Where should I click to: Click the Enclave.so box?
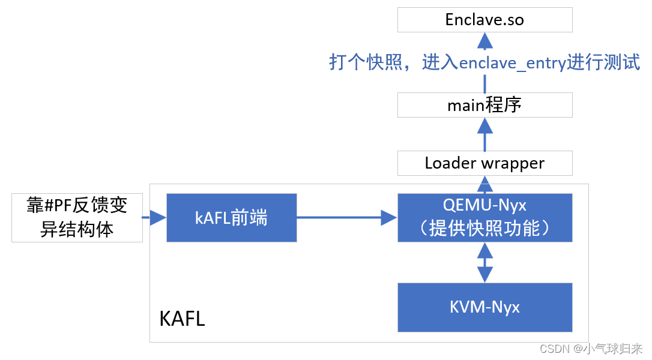pyautogui.click(x=484, y=20)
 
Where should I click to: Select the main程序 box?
pyautogui.click(x=484, y=105)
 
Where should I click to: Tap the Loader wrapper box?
pyautogui.click(x=484, y=163)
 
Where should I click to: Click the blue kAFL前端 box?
pyautogui.click(x=231, y=217)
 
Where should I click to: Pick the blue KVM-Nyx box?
pyautogui.click(x=484, y=307)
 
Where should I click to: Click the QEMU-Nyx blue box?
pyautogui.click(x=484, y=217)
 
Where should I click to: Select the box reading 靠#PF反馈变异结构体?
pyautogui.click(x=77, y=217)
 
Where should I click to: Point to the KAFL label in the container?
pyautogui.click(x=182, y=319)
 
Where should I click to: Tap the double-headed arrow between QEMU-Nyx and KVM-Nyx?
pyautogui.click(x=484, y=262)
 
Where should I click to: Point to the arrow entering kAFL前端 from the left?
pyautogui.click(x=154, y=218)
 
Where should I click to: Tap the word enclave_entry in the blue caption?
pyautogui.click(x=512, y=63)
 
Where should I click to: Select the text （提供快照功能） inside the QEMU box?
pyautogui.click(x=484, y=228)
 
